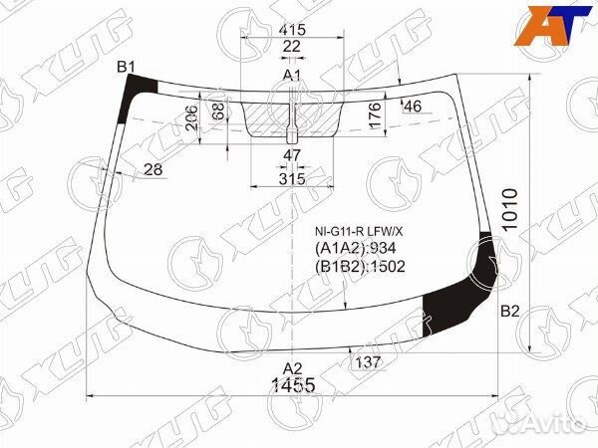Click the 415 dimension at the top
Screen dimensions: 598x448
[x=292, y=30]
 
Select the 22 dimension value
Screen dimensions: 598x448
[x=292, y=47]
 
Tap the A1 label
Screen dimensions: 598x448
[x=292, y=75]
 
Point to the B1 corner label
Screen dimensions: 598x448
[x=126, y=68]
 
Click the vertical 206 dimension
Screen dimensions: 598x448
[x=192, y=117]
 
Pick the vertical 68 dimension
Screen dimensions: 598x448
[x=218, y=111]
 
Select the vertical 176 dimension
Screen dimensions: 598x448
[x=376, y=115]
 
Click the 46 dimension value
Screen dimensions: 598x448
[x=413, y=107]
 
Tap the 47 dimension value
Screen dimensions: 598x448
[x=292, y=155]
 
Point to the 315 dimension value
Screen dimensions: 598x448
[x=292, y=178]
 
